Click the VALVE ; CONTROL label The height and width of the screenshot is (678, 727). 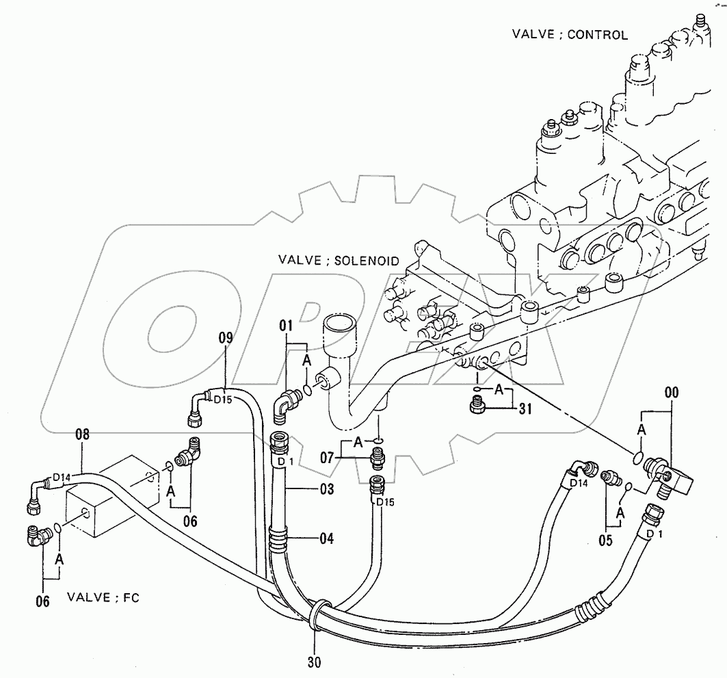point(569,34)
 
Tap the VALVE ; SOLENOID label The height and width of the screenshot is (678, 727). point(338,261)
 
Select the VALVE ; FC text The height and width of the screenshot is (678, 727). point(103,597)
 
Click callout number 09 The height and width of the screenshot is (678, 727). point(226,337)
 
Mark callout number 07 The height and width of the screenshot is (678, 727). point(328,456)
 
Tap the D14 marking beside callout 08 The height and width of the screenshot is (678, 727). point(62,478)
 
